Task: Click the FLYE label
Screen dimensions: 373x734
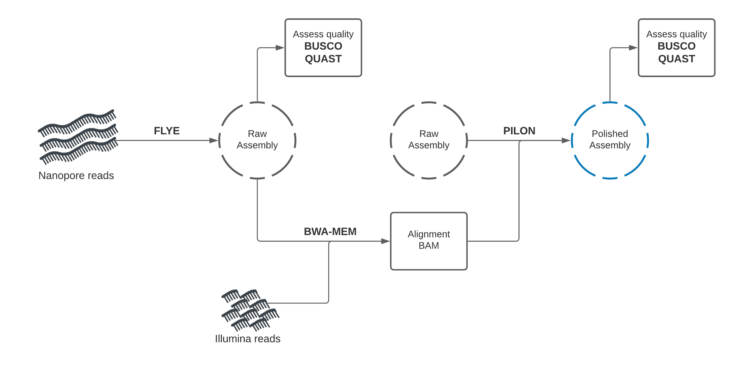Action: point(167,131)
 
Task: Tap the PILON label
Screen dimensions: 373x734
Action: point(519,131)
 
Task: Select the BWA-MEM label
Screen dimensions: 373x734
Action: point(330,231)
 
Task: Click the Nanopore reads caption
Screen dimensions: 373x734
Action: point(76,175)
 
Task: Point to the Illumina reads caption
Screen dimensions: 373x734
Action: point(247,338)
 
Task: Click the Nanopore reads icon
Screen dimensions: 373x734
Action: point(78,137)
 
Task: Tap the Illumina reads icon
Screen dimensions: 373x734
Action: point(250,310)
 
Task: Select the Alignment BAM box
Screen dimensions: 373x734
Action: point(429,241)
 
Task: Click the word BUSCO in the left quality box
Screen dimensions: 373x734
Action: point(323,46)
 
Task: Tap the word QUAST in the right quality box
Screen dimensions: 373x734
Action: point(677,59)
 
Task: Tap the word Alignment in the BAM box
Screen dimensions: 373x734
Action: point(429,234)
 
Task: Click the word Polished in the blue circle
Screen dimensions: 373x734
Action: point(610,134)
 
